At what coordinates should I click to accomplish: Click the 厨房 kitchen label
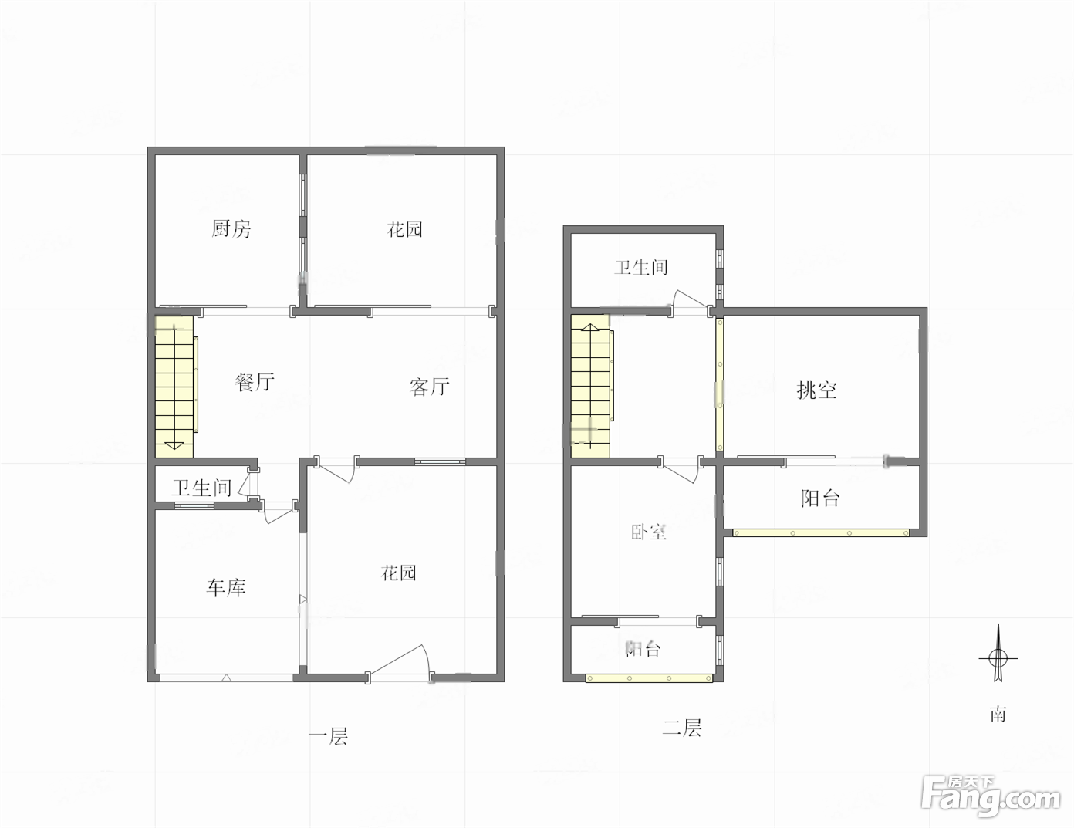point(231,229)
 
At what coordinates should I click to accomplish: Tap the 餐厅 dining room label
point(255,382)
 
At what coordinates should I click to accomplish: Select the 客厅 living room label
point(430,387)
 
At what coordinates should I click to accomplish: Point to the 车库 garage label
point(226,588)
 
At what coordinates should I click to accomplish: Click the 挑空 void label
point(816,390)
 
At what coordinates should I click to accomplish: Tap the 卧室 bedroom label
point(649,532)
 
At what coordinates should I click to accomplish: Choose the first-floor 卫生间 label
point(201,488)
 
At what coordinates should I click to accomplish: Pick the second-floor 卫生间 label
point(641,268)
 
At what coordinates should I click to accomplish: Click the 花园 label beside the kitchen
point(405,229)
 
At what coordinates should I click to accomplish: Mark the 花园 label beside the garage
point(398,573)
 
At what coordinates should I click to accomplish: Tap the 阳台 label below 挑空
point(820,498)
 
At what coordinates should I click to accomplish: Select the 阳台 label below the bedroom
point(643,648)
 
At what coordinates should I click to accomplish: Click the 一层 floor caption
point(328,736)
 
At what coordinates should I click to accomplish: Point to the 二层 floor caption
point(682,728)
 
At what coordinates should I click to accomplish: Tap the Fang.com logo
point(991,797)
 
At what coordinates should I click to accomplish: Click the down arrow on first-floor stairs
point(174,445)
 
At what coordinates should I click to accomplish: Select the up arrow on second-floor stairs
point(590,327)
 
